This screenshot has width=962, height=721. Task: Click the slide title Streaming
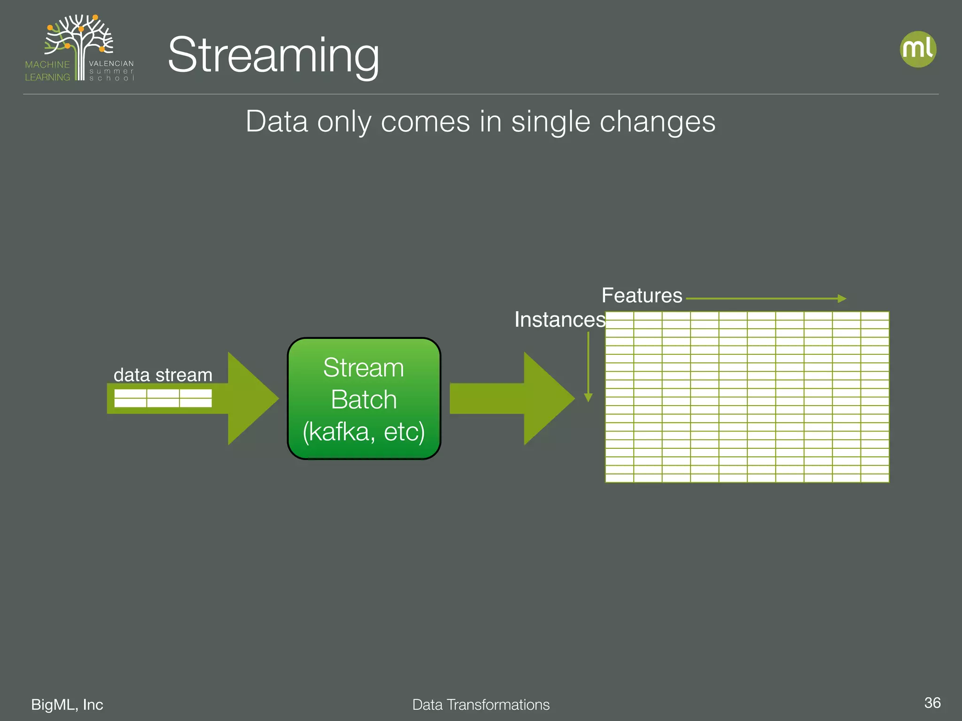pos(273,55)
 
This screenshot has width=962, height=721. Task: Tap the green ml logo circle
pos(918,49)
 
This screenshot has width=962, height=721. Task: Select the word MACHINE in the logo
pos(47,64)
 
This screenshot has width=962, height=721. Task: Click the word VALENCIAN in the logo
pos(111,63)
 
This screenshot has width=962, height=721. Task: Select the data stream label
pos(163,375)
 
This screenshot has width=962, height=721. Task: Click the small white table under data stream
pos(163,398)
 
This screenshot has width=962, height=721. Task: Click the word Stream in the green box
pos(364,368)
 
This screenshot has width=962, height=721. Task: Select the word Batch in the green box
pos(364,399)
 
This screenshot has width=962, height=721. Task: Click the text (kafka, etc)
pos(364,431)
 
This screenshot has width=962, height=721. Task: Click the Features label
pos(642,296)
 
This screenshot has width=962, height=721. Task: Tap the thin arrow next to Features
pos(766,299)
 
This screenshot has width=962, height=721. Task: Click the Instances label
pos(559,320)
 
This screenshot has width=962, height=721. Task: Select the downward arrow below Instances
pos(588,366)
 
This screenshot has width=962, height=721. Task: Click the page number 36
pos(932,703)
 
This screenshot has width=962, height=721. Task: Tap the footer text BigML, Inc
pos(67,705)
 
